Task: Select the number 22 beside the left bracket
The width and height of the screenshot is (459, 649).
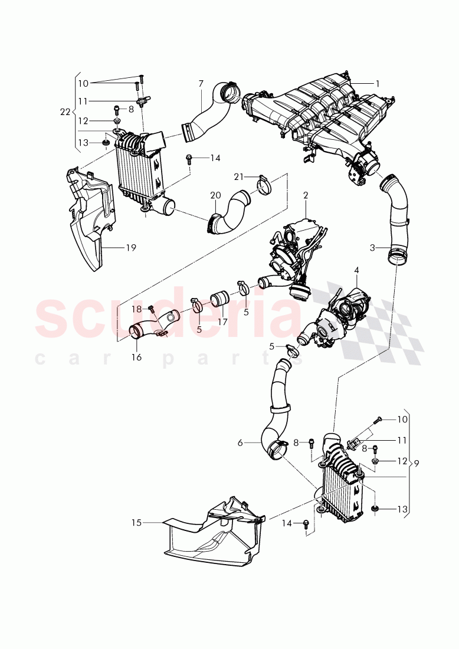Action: click(65, 111)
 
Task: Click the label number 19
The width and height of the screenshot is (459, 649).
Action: click(130, 248)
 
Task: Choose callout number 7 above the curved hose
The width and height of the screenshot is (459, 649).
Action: click(201, 84)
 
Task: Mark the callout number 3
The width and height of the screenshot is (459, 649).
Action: click(372, 248)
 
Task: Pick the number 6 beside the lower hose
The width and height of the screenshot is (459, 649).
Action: click(240, 442)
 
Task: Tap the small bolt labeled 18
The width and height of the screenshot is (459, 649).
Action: click(151, 308)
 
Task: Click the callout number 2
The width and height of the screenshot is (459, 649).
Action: click(306, 195)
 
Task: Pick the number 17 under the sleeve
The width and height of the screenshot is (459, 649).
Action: click(222, 322)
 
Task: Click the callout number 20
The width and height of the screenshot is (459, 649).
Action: click(215, 195)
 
